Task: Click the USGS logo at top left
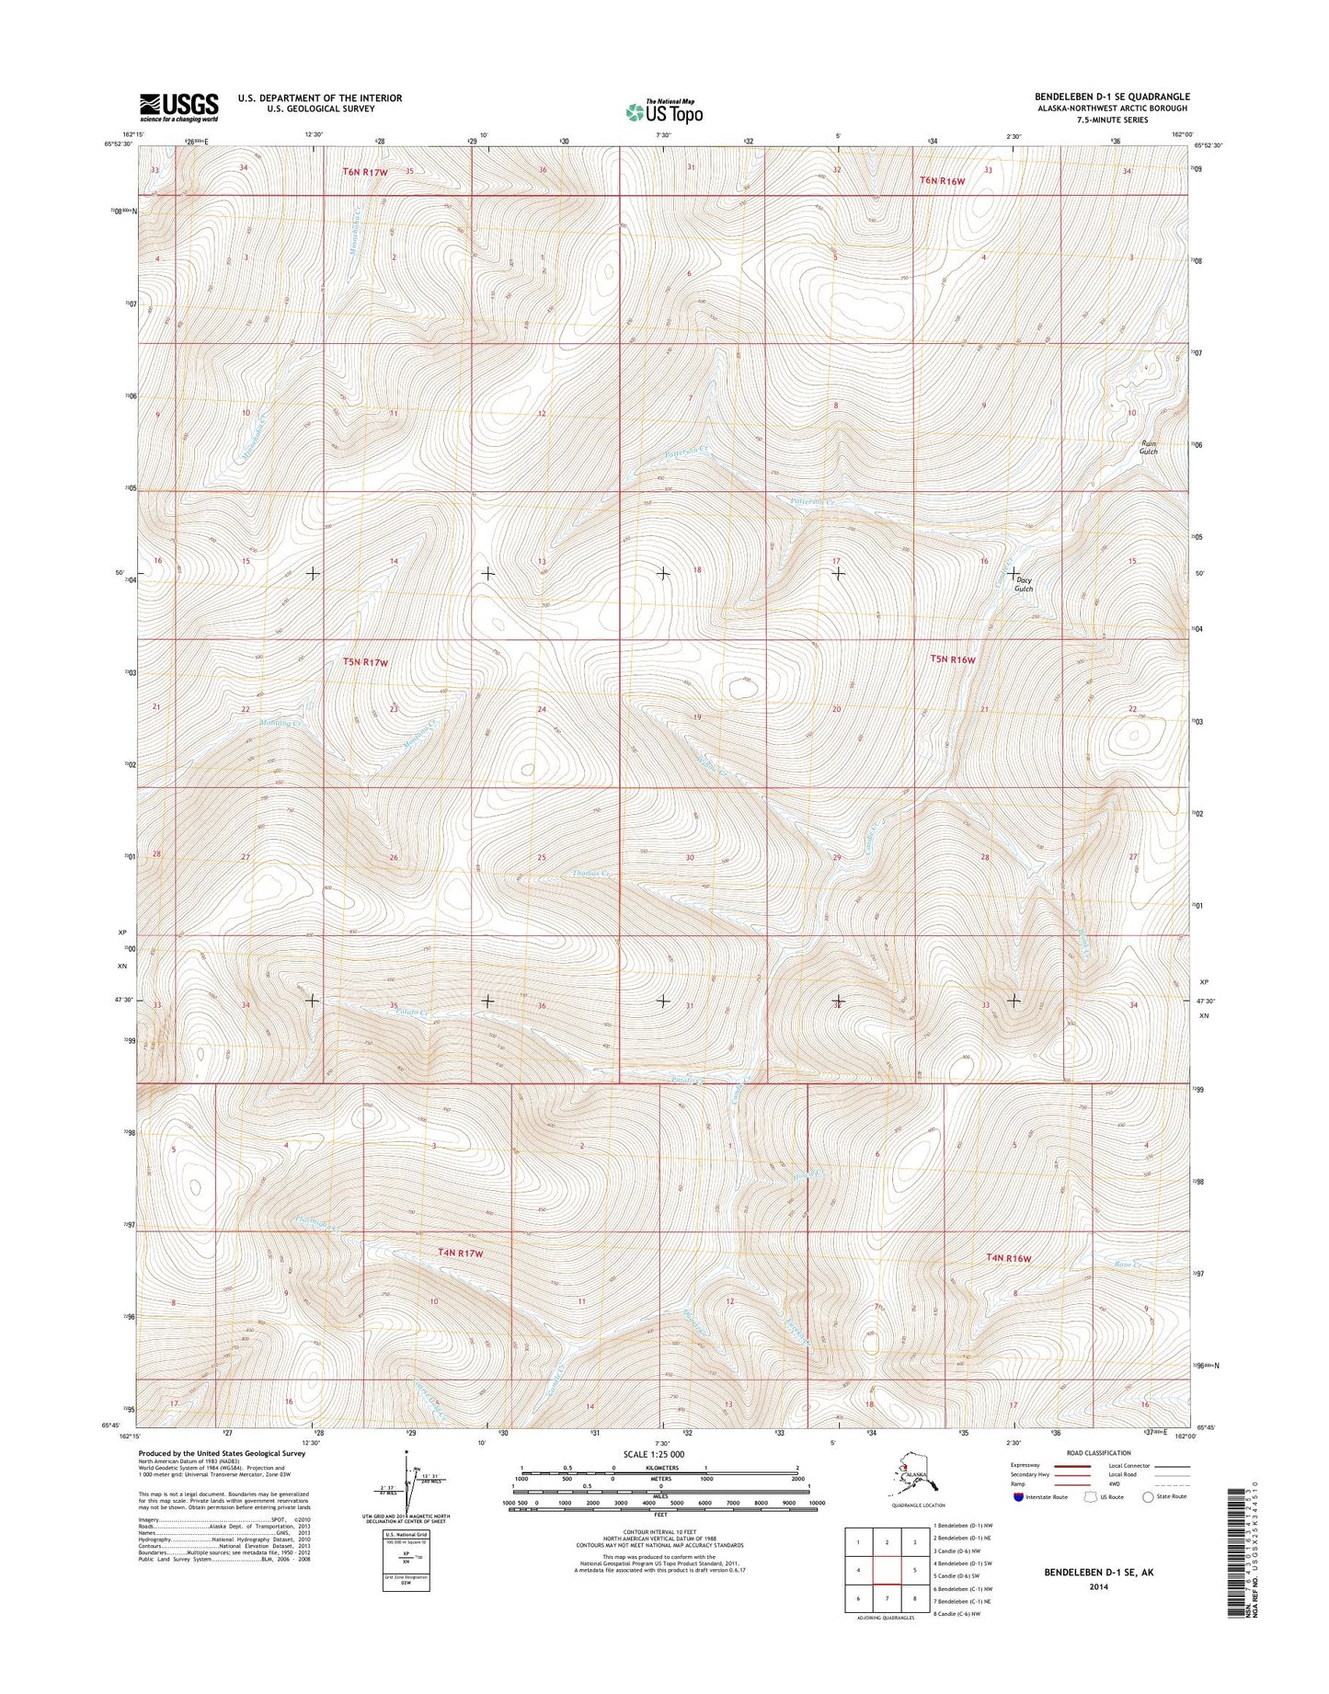(178, 107)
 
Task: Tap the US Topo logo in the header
(664, 111)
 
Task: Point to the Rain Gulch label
(1149, 448)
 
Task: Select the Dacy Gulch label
(1024, 584)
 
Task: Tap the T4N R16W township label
(1008, 1258)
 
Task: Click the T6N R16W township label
(943, 181)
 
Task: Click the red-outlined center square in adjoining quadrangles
(887, 1571)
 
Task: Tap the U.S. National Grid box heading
(406, 1535)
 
